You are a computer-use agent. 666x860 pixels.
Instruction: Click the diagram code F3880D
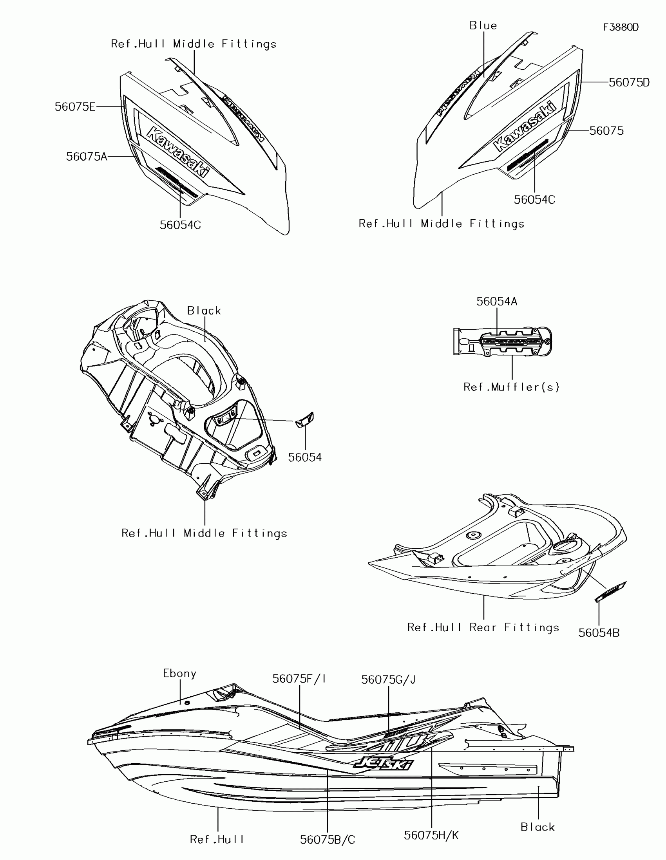pyautogui.click(x=621, y=27)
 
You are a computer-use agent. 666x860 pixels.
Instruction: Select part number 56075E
pyautogui.click(x=75, y=107)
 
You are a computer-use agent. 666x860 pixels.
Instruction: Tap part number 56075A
pyautogui.click(x=87, y=157)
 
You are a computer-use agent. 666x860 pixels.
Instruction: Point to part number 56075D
pyautogui.click(x=629, y=83)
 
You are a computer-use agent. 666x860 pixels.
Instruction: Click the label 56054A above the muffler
pyautogui.click(x=497, y=301)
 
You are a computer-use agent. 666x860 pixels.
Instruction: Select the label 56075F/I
pyautogui.click(x=299, y=678)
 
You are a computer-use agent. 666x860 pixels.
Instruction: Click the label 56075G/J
pyautogui.click(x=388, y=679)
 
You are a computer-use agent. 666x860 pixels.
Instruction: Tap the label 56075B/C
pyautogui.click(x=327, y=840)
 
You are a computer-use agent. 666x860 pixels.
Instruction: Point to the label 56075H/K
pyautogui.click(x=431, y=835)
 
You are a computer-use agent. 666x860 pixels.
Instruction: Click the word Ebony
pyautogui.click(x=179, y=673)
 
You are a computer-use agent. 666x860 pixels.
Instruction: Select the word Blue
pyautogui.click(x=483, y=25)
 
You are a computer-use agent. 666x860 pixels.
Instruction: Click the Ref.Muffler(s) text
pyautogui.click(x=511, y=387)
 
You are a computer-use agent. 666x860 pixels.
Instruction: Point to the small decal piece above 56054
pyautogui.click(x=305, y=420)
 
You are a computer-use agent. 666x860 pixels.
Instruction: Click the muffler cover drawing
pyautogui.click(x=502, y=341)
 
